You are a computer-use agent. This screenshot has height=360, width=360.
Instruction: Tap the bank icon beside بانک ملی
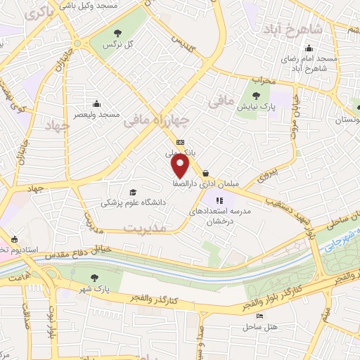pyautogui.click(x=181, y=141)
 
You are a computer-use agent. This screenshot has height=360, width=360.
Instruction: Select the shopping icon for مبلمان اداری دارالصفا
pyautogui.click(x=205, y=173)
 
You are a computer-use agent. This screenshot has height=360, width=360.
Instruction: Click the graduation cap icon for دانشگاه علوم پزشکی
pyautogui.click(x=132, y=192)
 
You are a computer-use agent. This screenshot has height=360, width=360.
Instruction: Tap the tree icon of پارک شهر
pyautogui.click(x=95, y=278)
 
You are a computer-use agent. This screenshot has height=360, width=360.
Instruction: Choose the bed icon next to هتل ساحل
pyautogui.click(x=260, y=317)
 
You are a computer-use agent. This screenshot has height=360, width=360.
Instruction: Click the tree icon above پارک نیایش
pyautogui.click(x=255, y=97)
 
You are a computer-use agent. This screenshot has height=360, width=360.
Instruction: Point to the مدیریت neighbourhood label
pyautogui.click(x=144, y=228)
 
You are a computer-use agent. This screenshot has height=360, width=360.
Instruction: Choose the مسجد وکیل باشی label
pyautogui.click(x=108, y=5)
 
